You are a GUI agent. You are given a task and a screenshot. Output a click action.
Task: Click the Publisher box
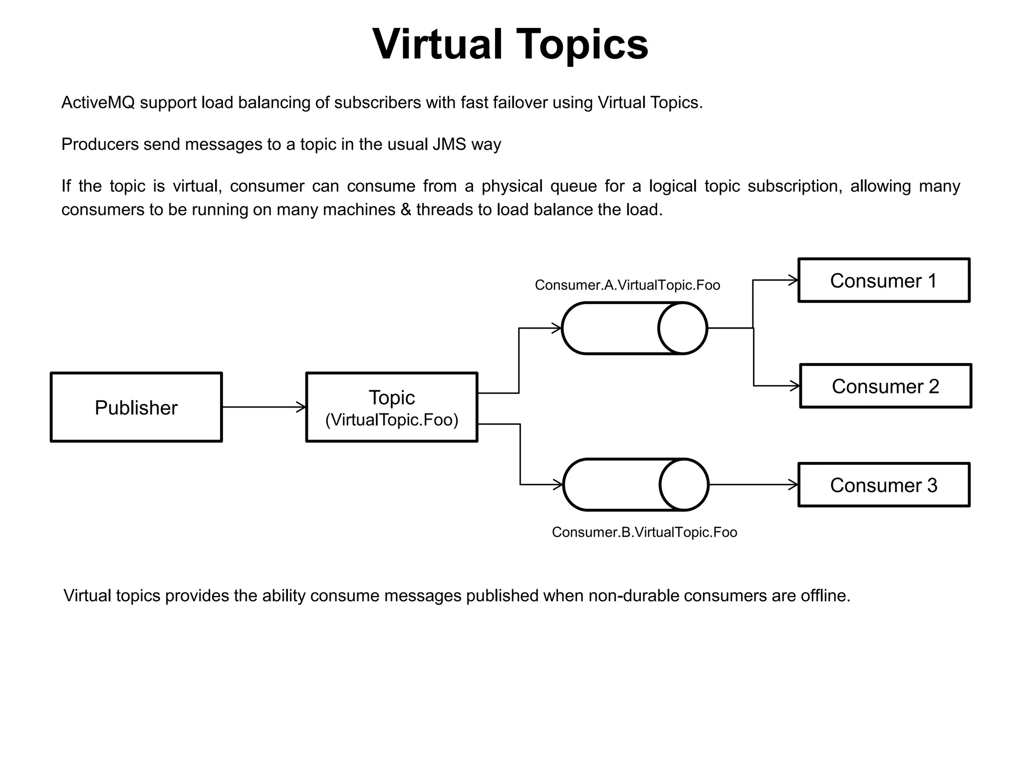click(136, 407)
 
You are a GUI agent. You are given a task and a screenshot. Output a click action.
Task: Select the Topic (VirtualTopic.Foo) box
click(392, 407)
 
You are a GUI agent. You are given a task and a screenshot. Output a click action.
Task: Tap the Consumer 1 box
click(884, 281)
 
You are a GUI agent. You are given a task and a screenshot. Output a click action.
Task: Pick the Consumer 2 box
click(885, 386)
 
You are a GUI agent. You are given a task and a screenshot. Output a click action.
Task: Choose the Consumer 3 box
click(884, 485)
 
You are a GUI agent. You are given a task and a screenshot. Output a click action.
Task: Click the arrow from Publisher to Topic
click(263, 407)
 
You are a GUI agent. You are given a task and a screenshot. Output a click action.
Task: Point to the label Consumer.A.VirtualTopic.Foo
click(627, 285)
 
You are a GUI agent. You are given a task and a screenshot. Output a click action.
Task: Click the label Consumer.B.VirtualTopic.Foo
click(644, 532)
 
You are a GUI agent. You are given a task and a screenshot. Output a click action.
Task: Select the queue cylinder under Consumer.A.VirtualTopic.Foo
click(634, 328)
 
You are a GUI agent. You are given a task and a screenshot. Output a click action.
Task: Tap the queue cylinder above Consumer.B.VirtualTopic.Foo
click(636, 484)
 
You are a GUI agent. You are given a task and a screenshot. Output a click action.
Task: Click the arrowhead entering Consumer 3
click(793, 484)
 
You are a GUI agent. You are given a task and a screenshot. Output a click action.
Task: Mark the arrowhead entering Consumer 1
click(793, 281)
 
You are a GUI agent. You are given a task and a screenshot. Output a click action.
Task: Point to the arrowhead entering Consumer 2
click(795, 386)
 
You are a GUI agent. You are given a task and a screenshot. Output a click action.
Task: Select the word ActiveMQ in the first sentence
click(98, 103)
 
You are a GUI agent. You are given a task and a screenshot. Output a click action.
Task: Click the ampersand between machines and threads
click(405, 210)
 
